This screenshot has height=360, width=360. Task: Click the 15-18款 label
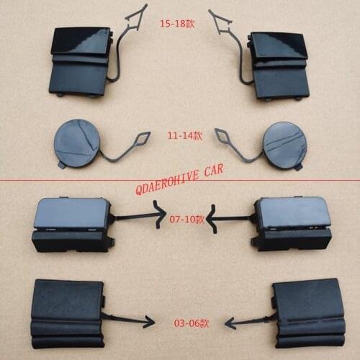point(181,23)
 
